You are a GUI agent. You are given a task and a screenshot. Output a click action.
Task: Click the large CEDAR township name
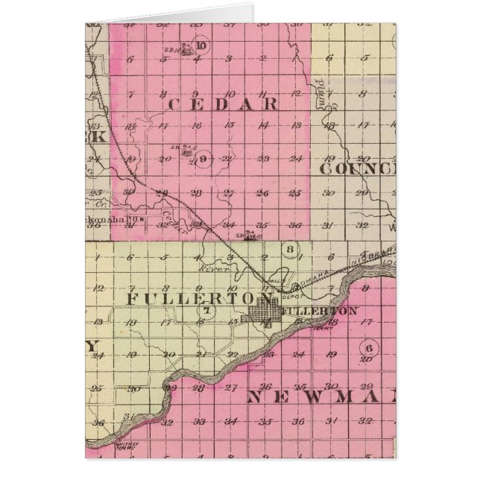223,104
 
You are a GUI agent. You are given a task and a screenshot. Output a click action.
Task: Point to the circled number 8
291,249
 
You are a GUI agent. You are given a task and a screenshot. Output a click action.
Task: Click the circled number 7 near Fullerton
208,310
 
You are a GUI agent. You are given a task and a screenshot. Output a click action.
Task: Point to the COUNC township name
357,168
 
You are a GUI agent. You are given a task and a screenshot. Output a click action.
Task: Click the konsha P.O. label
113,220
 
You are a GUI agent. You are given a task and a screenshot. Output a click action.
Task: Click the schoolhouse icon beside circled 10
184,47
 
